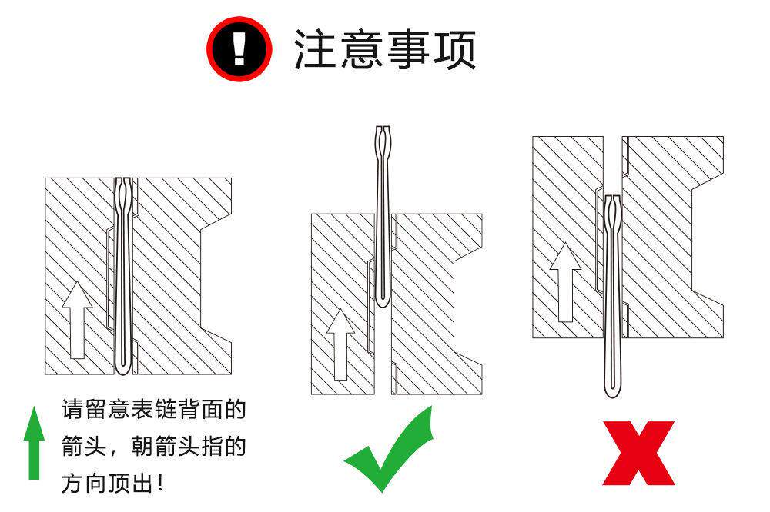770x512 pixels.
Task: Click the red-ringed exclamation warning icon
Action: [x=239, y=49]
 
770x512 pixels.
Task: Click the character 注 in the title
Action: [x=315, y=49]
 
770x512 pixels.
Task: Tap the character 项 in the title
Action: [x=454, y=49]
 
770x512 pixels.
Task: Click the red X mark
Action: [x=638, y=453]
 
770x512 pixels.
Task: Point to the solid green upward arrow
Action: [x=34, y=442]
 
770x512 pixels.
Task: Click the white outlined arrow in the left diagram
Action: [x=77, y=320]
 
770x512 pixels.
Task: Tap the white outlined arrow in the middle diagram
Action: [x=340, y=344]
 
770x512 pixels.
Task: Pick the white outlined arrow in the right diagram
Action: [x=565, y=282]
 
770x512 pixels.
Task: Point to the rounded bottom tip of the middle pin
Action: [x=383, y=301]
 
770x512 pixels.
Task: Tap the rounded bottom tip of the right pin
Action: [x=612, y=391]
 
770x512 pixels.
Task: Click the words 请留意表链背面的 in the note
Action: [x=154, y=410]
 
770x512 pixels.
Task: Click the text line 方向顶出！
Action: [x=112, y=483]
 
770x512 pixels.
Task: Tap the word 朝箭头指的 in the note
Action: [x=189, y=447]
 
